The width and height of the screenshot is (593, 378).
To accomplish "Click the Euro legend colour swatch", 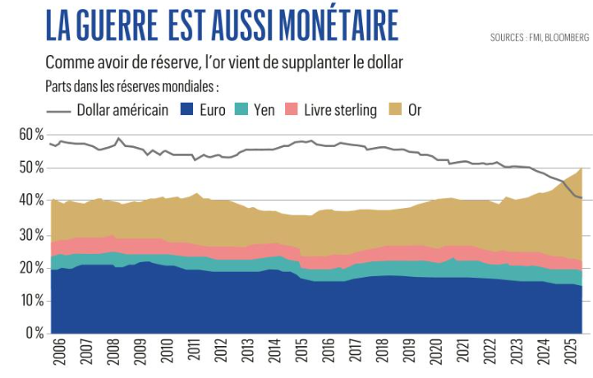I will pos(186,109).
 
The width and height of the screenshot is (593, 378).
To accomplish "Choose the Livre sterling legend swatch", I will pos(291,109).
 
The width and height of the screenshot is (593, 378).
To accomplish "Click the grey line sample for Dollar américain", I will pos(58,109).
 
